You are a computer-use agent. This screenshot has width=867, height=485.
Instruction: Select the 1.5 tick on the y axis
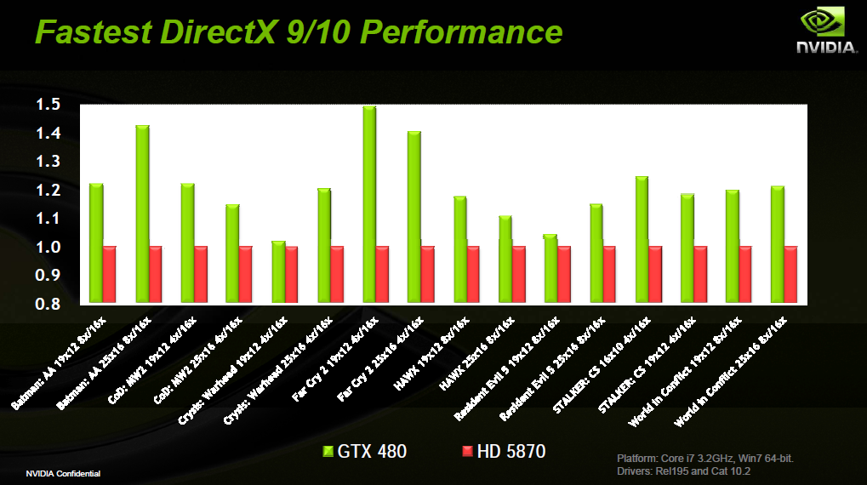pos(48,106)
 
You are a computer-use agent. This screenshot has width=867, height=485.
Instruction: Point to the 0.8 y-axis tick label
pos(48,304)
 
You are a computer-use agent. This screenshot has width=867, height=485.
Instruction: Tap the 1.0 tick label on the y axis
pos(48,248)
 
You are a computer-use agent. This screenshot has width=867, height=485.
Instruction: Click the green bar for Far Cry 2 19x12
pos(369,204)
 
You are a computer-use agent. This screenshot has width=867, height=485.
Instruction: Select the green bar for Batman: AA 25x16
pos(142,214)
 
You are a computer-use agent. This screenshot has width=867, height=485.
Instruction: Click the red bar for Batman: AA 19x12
pos(110,275)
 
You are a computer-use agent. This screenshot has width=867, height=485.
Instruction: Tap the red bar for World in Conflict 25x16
pos(790,275)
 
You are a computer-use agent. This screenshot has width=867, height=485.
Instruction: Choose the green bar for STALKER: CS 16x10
pos(642,239)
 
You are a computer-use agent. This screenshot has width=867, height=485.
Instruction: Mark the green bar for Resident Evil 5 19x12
pos(550,269)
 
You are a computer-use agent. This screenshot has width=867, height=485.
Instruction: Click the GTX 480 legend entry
pos(366,451)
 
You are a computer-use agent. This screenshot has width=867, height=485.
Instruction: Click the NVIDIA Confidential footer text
pos(63,473)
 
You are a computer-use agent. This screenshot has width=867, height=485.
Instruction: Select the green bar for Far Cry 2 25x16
pos(414,217)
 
